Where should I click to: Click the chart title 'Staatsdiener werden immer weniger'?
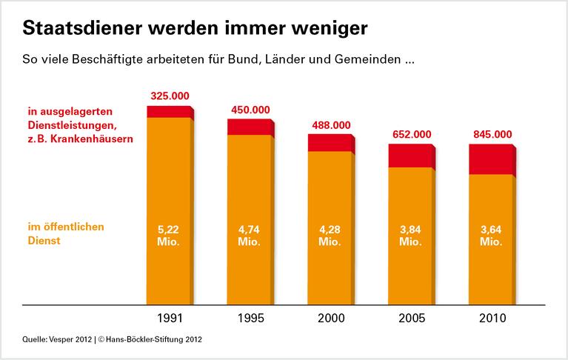[x=195, y=29]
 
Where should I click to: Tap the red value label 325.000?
[x=170, y=96]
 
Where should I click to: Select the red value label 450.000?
[x=250, y=110]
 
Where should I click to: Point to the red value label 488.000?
[x=330, y=125]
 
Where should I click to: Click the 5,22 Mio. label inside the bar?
[x=169, y=236]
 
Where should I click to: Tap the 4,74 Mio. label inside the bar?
[x=250, y=236]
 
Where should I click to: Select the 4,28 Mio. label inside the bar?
[x=330, y=236]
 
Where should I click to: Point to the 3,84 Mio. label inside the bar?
[x=410, y=236]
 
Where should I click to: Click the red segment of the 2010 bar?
[x=490, y=159]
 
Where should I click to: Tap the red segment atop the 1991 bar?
[x=169, y=112]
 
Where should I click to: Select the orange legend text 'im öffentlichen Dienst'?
[x=61, y=234]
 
